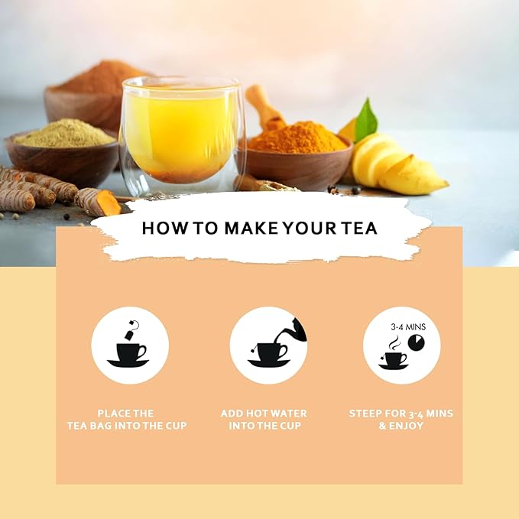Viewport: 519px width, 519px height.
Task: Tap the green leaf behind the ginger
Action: [366, 121]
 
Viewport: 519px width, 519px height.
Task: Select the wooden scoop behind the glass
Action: [264, 107]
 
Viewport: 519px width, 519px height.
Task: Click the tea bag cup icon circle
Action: [130, 345]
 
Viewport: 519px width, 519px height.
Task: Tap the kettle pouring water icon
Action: [292, 330]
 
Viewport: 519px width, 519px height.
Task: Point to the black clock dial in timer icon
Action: [416, 346]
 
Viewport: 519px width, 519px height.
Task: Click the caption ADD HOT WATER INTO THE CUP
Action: [264, 419]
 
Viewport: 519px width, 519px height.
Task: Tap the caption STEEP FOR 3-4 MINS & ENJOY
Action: [401, 419]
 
